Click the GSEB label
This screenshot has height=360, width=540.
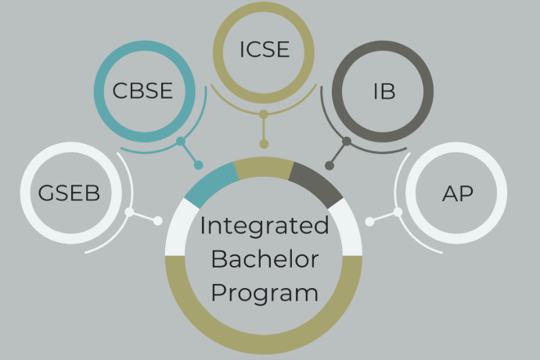point(70,193)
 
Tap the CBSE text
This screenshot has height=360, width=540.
point(142,92)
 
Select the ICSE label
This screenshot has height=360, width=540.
point(264,50)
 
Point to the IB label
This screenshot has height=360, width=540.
point(383,92)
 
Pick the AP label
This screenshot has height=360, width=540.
point(457,193)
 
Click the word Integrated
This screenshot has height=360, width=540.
point(264,226)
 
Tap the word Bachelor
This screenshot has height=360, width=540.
point(264,260)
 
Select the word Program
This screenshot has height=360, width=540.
point(264,293)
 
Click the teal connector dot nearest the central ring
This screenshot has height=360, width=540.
point(199,165)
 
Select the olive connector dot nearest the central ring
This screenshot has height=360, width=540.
point(264,144)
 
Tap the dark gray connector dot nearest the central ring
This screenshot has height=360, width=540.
point(329,165)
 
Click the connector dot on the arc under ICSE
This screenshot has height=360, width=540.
point(264,114)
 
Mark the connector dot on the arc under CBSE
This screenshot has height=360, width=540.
point(181,142)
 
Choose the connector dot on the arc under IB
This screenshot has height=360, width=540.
point(347,142)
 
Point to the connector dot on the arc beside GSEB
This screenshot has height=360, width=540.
point(130,212)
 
